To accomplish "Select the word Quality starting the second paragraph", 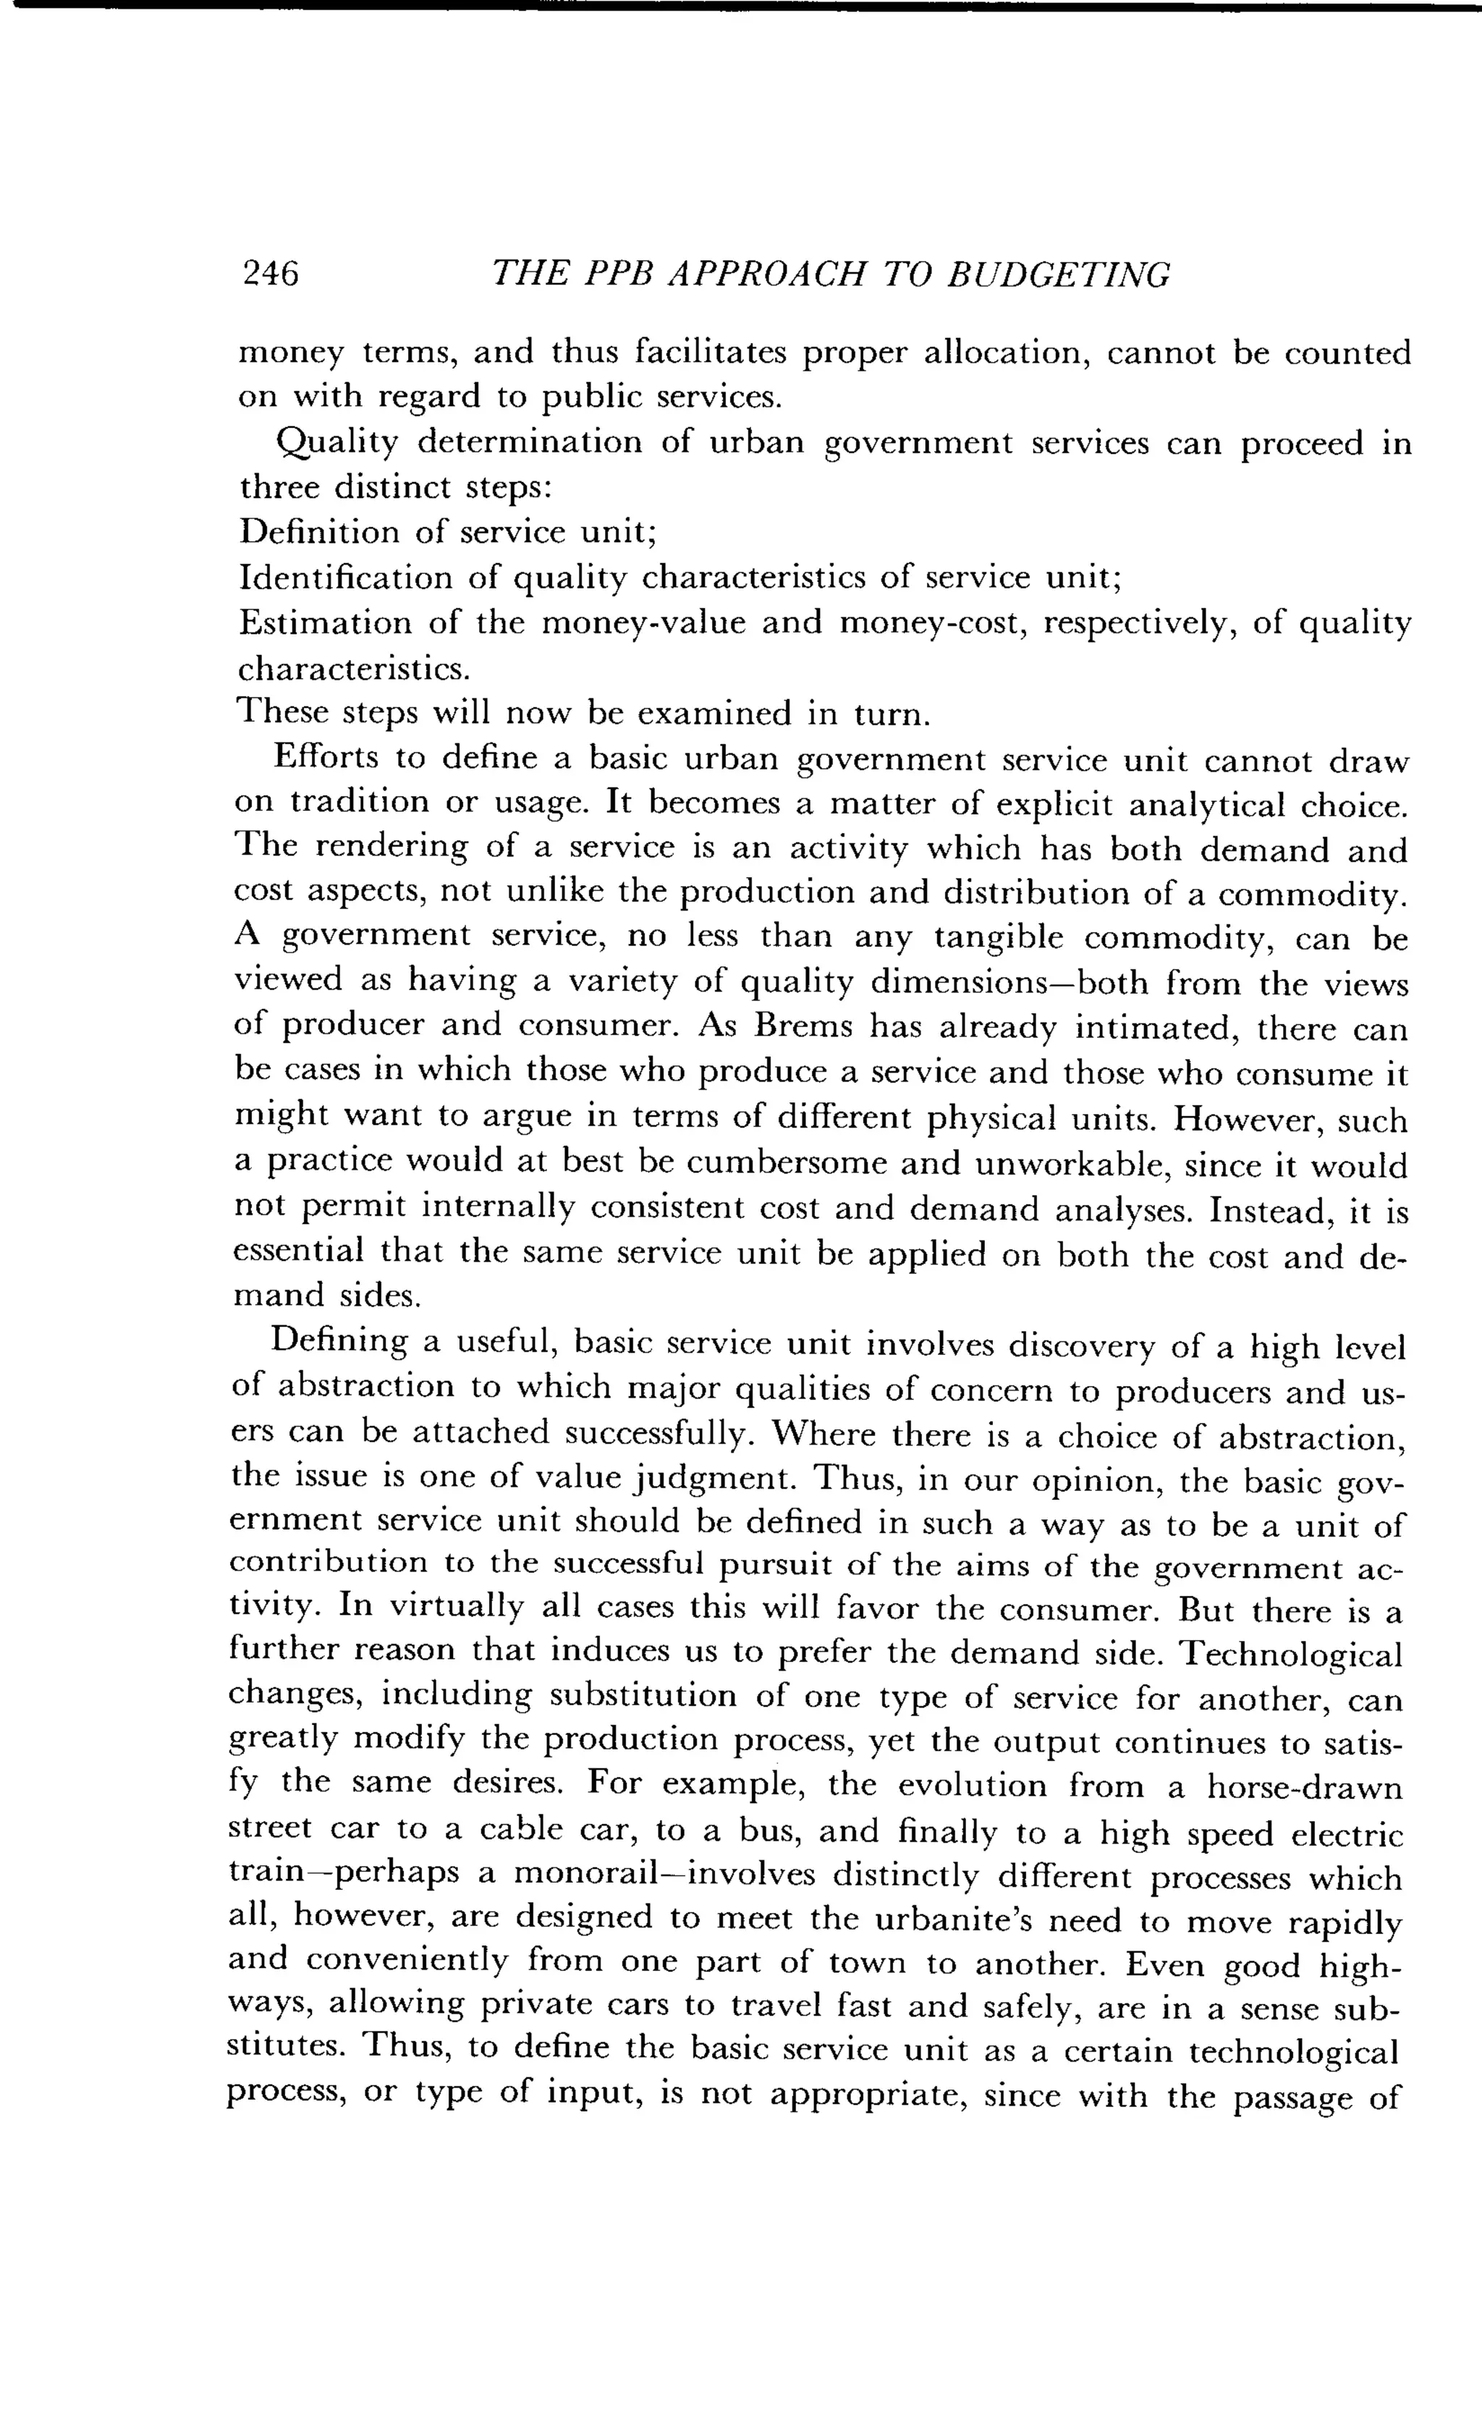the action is (x=336, y=442).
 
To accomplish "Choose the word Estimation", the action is (x=325, y=622).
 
